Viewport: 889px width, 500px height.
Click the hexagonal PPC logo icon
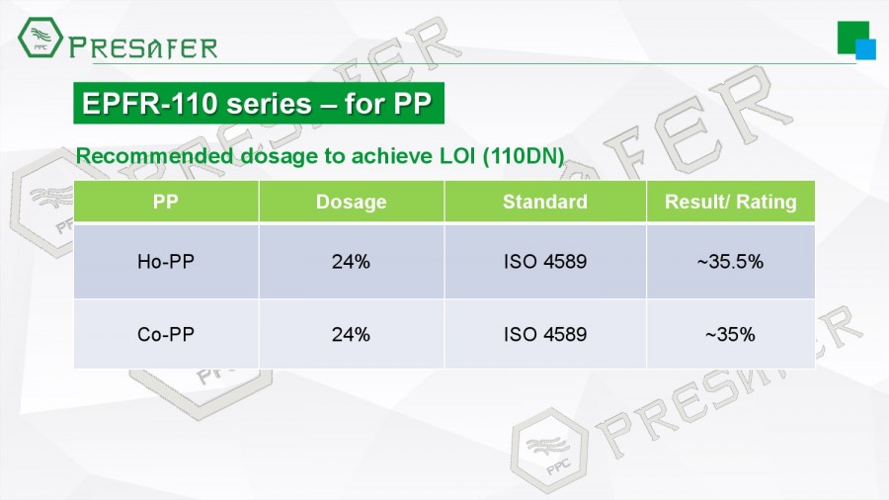[40, 38]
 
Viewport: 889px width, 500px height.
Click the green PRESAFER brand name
[143, 47]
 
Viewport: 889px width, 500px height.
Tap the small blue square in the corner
[865, 49]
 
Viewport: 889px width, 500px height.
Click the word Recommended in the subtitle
[154, 156]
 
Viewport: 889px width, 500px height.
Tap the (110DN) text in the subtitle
[523, 156]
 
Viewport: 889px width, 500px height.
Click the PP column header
[166, 202]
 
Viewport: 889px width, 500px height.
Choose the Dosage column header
[351, 202]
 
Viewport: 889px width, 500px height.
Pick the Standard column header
[545, 202]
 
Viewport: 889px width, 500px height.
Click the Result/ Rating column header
[730, 202]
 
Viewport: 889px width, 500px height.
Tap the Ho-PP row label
[166, 261]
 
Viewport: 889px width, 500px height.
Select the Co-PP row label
[166, 334]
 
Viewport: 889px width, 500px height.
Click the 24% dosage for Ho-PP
[351, 261]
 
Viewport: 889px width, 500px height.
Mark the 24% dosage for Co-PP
[351, 334]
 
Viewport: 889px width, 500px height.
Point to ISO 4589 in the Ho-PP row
[545, 261]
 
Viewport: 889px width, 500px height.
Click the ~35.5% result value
[730, 261]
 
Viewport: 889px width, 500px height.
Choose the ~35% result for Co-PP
[730, 334]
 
